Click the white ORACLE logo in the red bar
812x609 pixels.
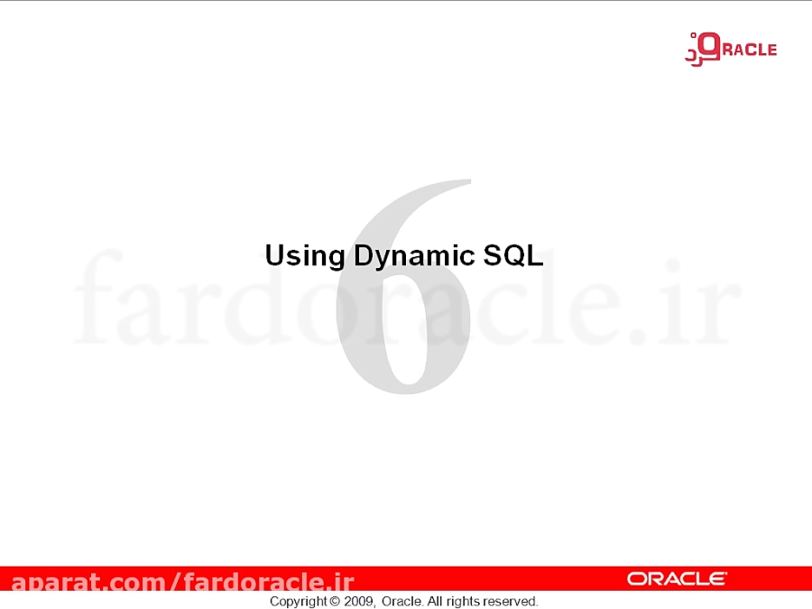(677, 578)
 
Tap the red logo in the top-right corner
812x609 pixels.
(730, 48)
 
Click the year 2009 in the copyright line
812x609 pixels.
(359, 601)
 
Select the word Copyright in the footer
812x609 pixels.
(298, 601)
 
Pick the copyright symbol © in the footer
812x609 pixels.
(335, 601)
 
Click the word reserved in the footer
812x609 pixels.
(510, 601)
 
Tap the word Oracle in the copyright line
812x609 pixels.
(401, 601)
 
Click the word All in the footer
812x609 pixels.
(435, 601)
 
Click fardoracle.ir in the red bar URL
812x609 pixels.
(268, 582)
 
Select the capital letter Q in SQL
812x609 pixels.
(512, 255)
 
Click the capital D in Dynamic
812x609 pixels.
(363, 255)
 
